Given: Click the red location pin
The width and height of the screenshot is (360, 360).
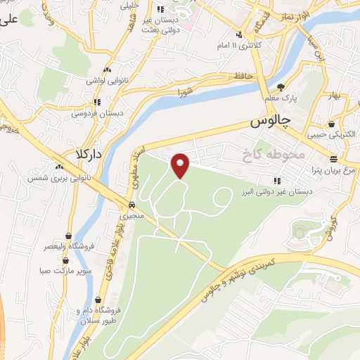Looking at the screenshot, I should pyautogui.click(x=181, y=165).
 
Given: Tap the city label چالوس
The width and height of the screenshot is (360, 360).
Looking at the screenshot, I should pyautogui.click(x=271, y=121).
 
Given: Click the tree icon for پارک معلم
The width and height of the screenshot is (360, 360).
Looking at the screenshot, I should pyautogui.click(x=282, y=87).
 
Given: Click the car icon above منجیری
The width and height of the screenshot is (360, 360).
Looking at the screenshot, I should pyautogui.click(x=131, y=205).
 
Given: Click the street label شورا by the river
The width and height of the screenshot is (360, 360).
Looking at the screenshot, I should pyautogui.click(x=185, y=92).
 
